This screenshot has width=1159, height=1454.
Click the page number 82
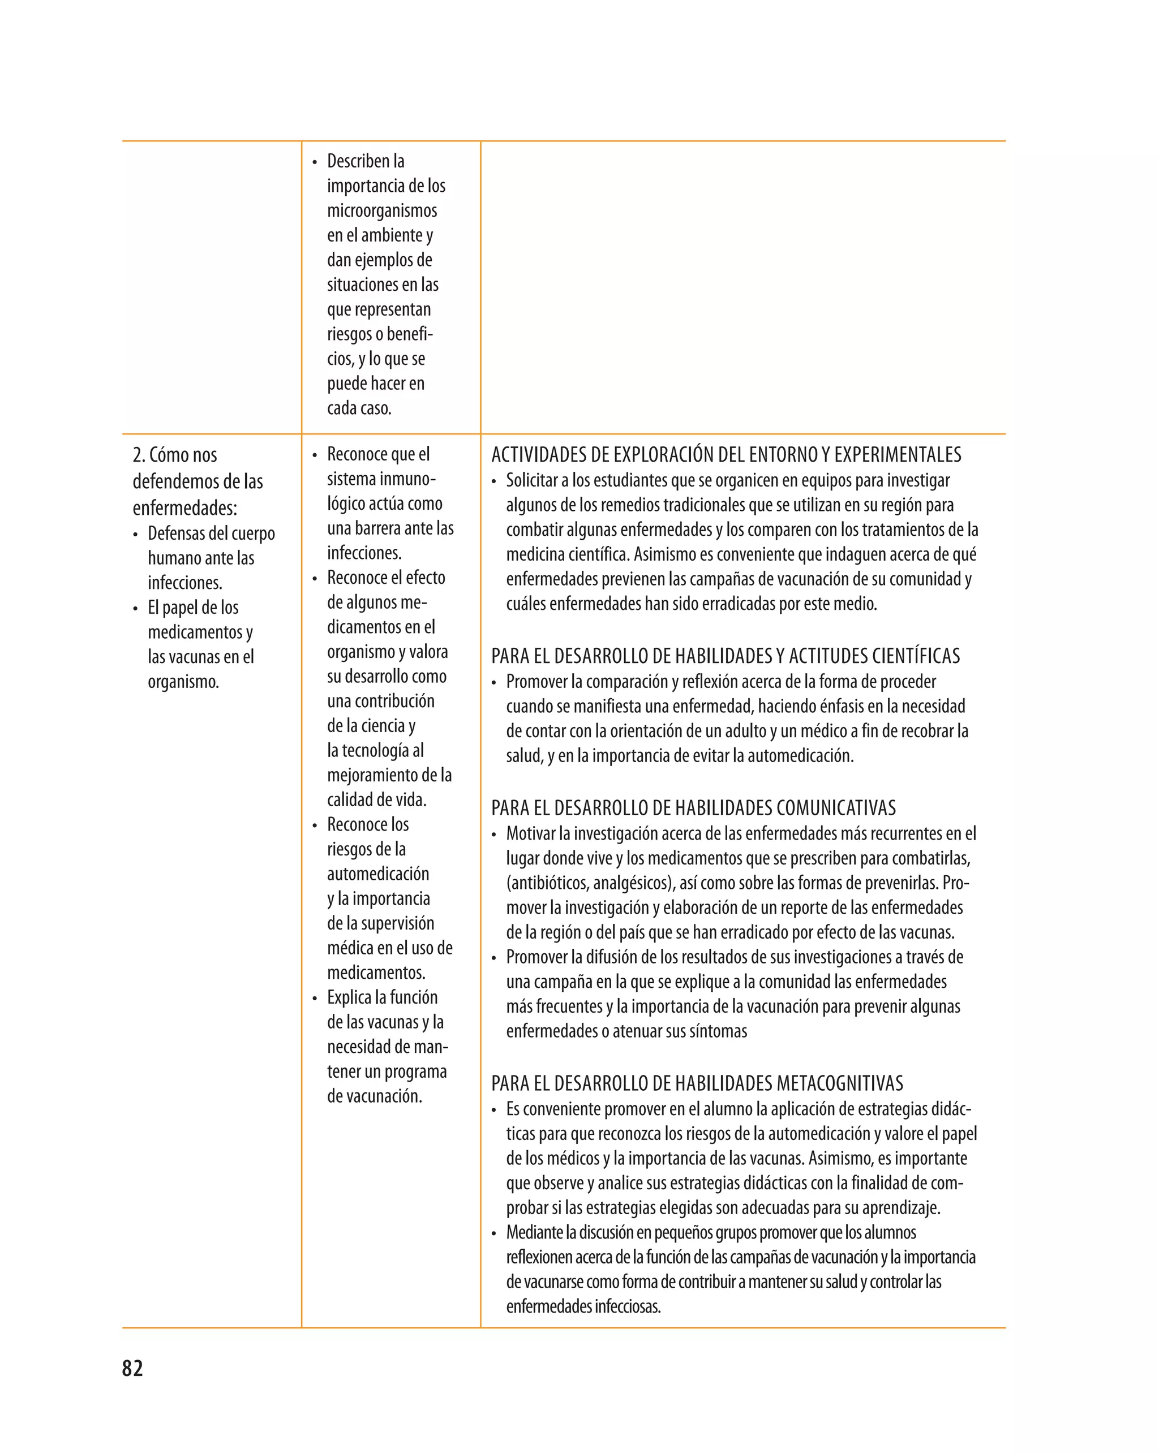132,1369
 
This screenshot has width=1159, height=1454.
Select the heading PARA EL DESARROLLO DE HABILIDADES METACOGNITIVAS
697,1084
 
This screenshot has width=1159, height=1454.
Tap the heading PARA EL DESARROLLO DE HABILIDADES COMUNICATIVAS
693,808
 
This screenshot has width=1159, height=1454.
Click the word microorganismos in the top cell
382,210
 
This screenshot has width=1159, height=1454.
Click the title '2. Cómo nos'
175,455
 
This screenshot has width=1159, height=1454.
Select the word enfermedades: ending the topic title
185,508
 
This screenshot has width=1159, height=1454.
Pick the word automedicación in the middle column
378,874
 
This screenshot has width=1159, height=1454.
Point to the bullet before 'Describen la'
315,162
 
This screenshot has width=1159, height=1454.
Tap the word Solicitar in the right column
530,481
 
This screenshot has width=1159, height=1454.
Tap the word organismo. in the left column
183,682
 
